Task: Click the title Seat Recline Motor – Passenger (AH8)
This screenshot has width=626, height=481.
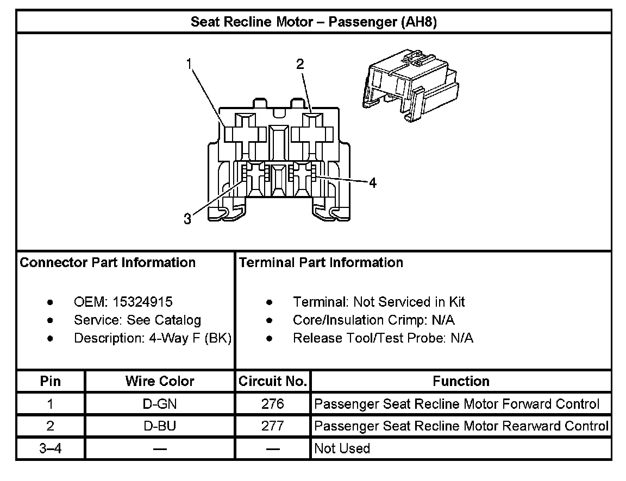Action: click(314, 22)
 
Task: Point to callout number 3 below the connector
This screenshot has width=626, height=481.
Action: click(187, 219)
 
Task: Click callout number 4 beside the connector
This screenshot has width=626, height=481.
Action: click(372, 183)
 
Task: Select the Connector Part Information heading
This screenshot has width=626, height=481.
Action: click(108, 263)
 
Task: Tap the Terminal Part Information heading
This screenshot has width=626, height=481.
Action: click(321, 263)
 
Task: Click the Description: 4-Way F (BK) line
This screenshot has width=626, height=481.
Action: click(153, 338)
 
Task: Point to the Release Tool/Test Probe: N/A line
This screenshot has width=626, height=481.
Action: click(383, 338)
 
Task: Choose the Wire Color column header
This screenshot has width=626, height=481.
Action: click(160, 381)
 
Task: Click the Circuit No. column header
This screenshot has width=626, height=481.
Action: click(273, 381)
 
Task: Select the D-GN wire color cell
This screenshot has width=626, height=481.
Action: click(160, 404)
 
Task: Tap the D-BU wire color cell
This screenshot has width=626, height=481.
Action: click(160, 426)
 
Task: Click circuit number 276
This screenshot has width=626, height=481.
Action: click(272, 404)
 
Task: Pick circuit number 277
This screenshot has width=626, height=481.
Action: click(272, 426)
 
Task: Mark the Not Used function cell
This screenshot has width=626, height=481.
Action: click(342, 448)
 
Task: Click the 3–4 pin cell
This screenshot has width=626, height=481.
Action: click(51, 448)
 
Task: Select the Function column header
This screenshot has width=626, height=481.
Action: click(461, 381)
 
